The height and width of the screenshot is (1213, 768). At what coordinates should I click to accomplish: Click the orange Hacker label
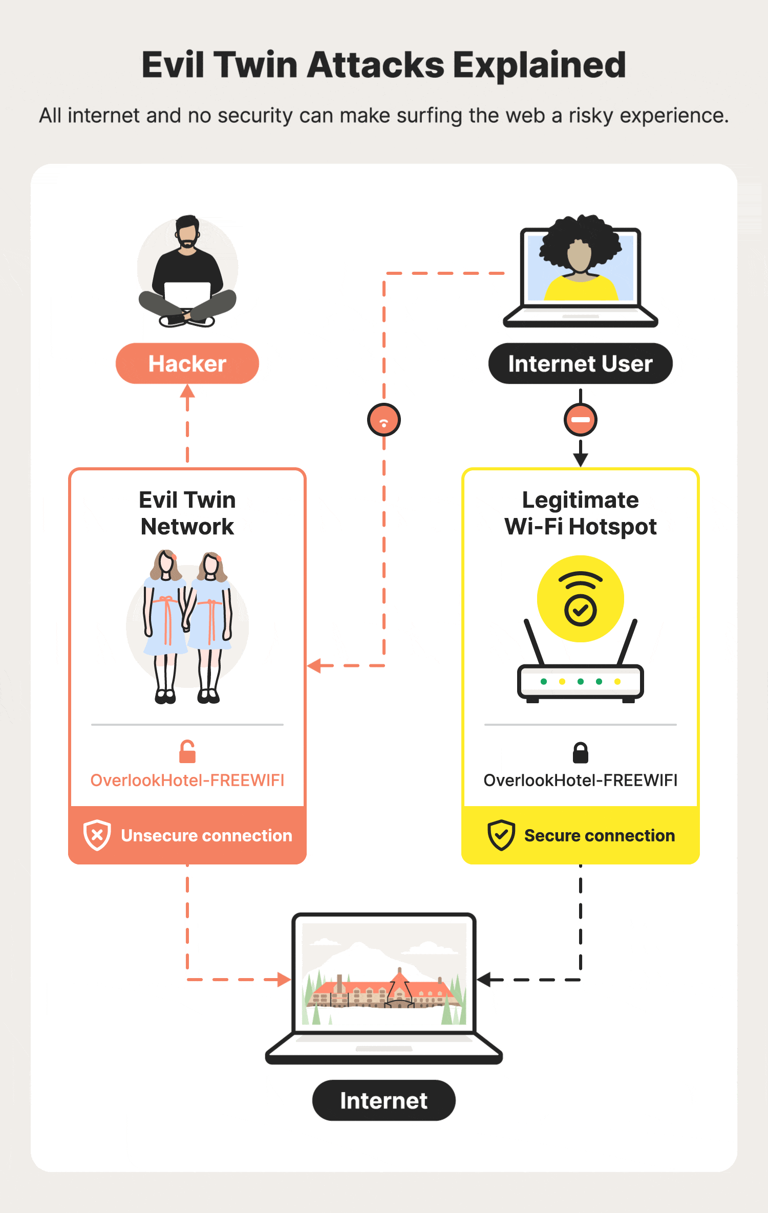point(187,363)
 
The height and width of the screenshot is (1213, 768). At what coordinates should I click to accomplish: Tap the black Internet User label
point(580,363)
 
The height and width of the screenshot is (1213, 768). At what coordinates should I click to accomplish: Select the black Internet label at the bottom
point(383,1100)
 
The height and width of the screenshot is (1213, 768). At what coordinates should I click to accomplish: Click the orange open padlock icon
point(187,751)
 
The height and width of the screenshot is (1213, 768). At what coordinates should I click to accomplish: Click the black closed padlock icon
point(580,752)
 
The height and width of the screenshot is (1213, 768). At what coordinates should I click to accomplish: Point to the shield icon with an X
point(97,835)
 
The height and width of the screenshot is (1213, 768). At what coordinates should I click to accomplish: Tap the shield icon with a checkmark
point(501,835)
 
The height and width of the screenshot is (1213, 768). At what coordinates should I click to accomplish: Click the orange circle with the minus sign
point(580,420)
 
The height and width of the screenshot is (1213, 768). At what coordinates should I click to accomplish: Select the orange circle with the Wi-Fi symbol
point(384,420)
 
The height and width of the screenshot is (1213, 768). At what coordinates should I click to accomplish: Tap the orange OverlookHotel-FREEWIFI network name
point(187,780)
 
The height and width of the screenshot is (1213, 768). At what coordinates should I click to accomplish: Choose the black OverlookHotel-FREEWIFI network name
point(580,780)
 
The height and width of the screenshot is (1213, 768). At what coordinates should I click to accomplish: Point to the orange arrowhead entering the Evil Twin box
point(314,666)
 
